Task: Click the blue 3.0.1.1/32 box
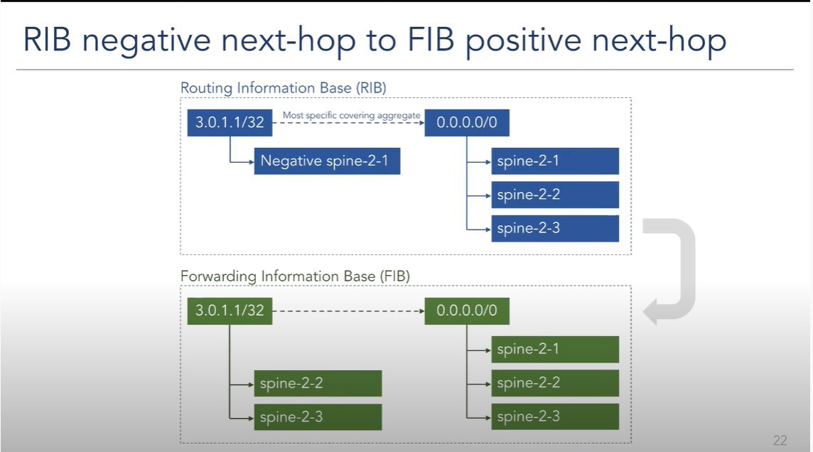230,123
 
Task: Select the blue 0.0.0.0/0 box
467,123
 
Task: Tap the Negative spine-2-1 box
327,161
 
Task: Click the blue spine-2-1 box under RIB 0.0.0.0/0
555,161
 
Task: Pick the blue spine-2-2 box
555,195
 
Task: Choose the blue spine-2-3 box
555,228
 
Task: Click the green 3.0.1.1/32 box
230,311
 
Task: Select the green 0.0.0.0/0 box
467,311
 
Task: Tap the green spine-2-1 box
555,350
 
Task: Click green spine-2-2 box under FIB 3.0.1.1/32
318,383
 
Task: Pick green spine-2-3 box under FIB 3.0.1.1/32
318,416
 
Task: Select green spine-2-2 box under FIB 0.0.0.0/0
555,383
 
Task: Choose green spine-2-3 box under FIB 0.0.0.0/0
555,416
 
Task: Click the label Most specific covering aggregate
352,116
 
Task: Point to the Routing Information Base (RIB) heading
283,88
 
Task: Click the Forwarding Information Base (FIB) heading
295,276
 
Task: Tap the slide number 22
780,440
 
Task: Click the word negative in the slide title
146,41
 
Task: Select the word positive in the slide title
523,41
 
